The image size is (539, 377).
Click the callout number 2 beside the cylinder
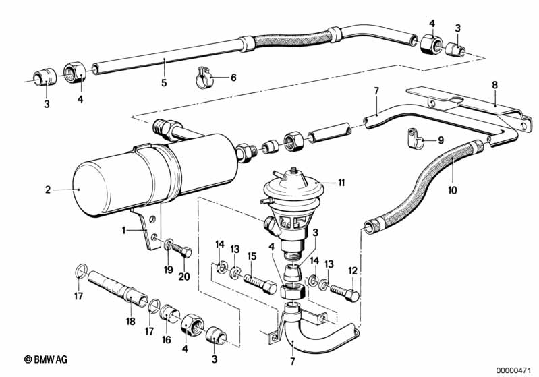point(48,190)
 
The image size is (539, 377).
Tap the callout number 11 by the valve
point(341,182)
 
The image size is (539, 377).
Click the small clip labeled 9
point(415,139)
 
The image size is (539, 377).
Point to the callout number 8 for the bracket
point(494,85)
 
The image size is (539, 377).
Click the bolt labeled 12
point(345,293)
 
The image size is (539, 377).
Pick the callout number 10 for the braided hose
point(453,190)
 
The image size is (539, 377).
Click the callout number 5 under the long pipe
point(164,82)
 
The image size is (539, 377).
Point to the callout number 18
point(131,321)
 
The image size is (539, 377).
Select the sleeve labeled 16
point(171,312)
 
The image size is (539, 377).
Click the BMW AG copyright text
point(46,359)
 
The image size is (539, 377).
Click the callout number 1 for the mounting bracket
point(123,230)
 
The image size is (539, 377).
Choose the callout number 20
point(184,276)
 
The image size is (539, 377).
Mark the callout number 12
point(353,270)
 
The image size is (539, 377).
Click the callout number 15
point(252,256)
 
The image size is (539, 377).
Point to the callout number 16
point(167,340)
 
